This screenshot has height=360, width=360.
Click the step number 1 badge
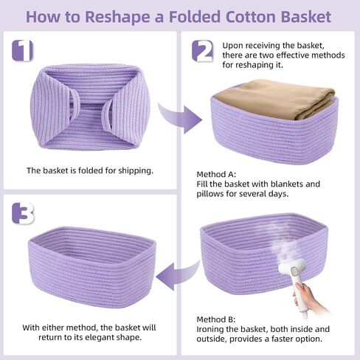(22, 51)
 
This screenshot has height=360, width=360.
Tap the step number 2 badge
(202, 51)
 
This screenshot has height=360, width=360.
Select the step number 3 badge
(23, 213)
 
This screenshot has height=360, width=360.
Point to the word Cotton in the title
(251, 17)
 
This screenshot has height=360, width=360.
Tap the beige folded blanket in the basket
(275, 98)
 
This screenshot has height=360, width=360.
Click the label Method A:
(216, 174)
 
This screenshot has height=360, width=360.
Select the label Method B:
(216, 319)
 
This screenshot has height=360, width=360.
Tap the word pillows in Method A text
(210, 194)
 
